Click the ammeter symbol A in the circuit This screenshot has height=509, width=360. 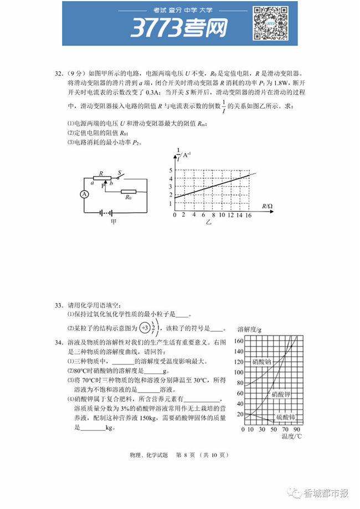[84, 194]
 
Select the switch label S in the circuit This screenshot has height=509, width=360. [119, 172]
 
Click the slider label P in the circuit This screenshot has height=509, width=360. [103, 187]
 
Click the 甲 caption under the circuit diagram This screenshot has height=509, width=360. [114, 222]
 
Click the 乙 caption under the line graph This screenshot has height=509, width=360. [209, 222]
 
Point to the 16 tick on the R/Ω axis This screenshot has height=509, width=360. [248, 215]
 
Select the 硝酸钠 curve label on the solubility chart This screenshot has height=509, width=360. [261, 361]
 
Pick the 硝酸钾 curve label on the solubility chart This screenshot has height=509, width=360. [282, 394]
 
